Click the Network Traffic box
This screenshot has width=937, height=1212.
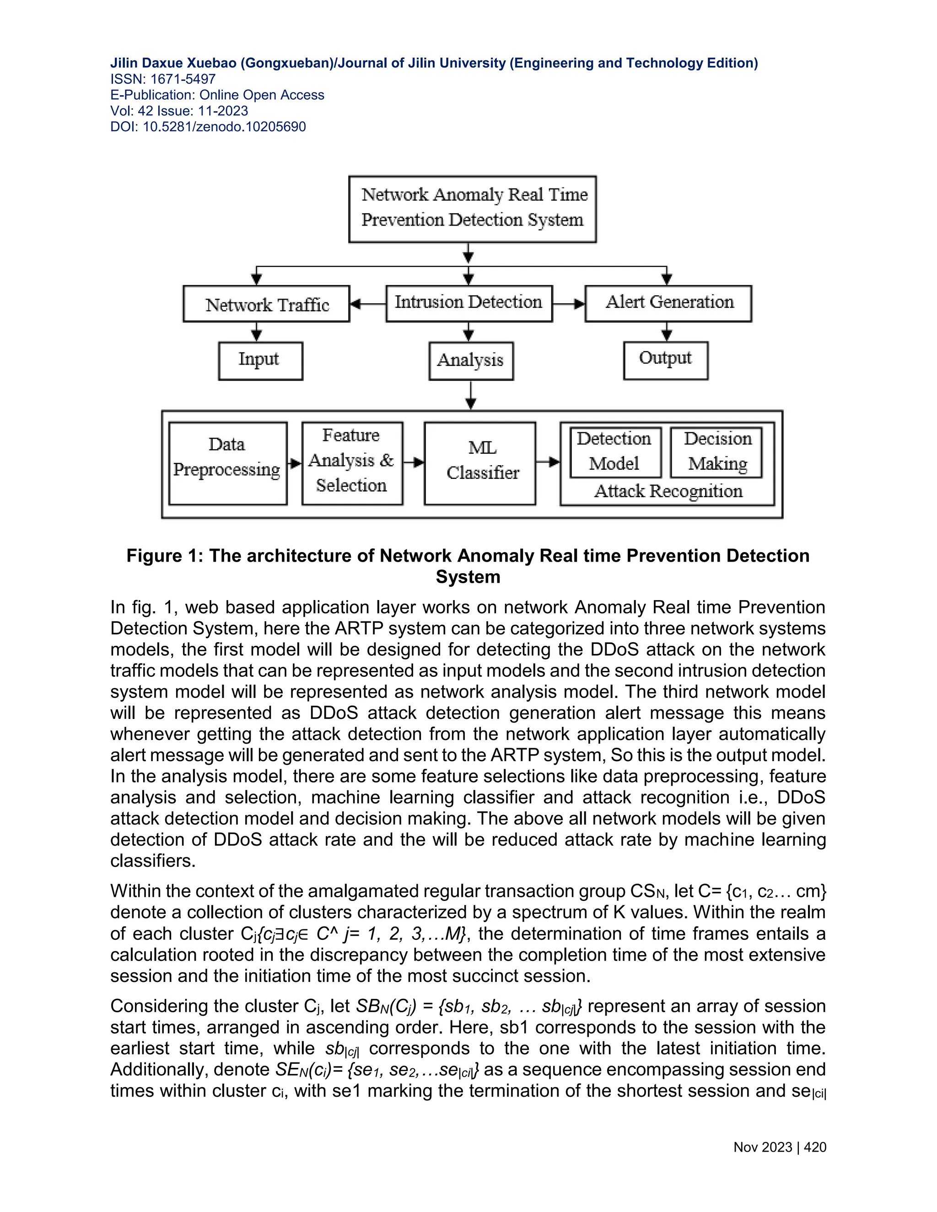coord(266,304)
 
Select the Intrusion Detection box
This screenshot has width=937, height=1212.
coord(469,303)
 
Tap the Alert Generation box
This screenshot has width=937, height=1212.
coord(668,303)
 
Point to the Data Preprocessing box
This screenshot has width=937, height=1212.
coord(227,463)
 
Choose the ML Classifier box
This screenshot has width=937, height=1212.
coord(480,463)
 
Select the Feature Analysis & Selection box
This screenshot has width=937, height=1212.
coord(352,463)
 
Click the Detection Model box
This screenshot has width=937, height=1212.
coord(615,452)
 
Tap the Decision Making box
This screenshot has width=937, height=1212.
coord(716,452)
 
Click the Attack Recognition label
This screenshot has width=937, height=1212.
coord(668,492)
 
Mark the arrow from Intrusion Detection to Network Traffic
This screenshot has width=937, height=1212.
coord(367,304)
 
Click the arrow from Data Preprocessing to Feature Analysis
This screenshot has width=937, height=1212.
coord(295,463)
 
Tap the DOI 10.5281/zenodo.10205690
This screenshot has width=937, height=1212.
coord(224,127)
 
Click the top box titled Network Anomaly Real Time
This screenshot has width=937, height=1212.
coord(472,209)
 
